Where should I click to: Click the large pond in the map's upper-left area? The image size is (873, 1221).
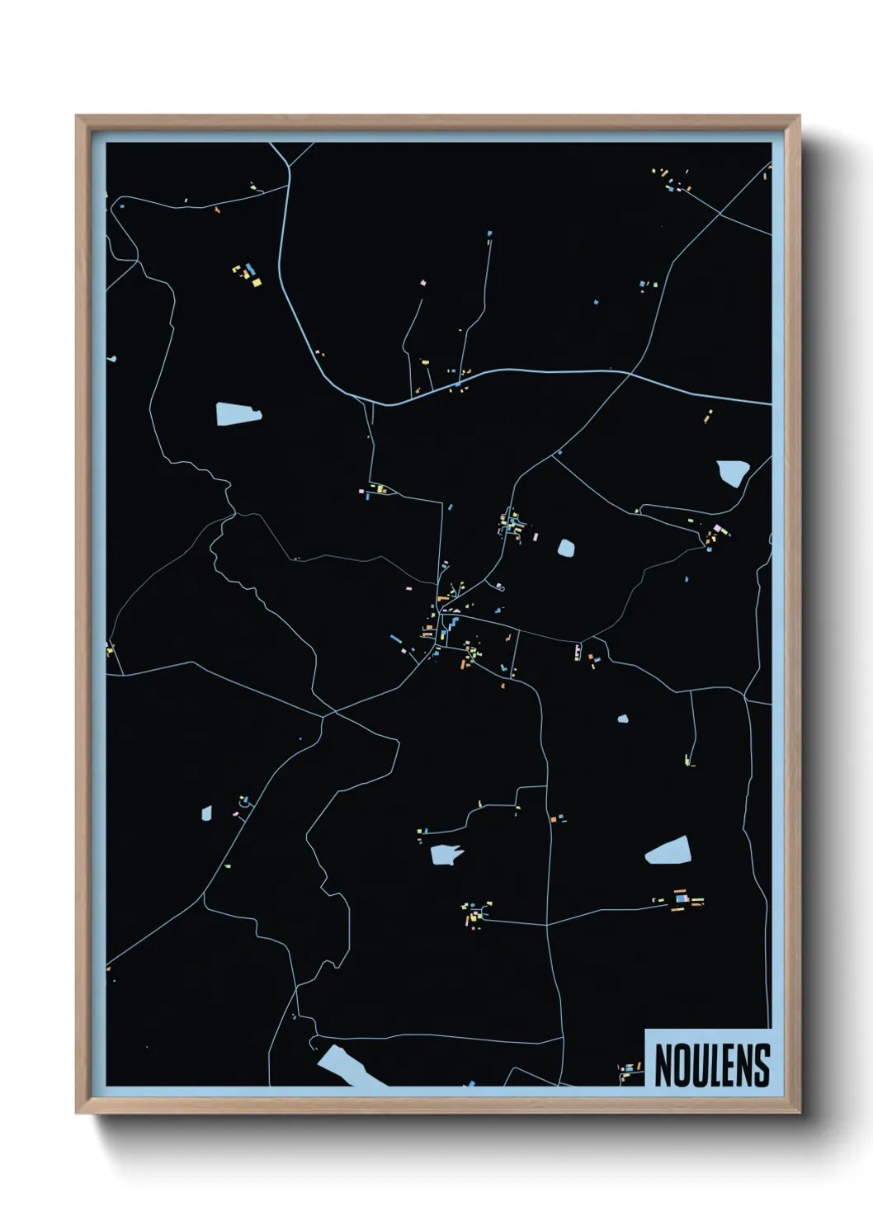(x=238, y=413)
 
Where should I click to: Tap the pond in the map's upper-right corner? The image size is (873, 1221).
(x=732, y=472)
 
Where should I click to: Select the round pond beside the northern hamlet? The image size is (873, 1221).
(x=566, y=547)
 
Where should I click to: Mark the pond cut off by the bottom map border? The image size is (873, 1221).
(x=345, y=1066)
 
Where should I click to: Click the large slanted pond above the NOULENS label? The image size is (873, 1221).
(x=668, y=850)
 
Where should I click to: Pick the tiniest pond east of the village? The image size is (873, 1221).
(x=623, y=719)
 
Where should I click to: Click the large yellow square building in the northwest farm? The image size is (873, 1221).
(x=256, y=282)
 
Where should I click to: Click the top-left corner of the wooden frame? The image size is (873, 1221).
(x=77, y=116)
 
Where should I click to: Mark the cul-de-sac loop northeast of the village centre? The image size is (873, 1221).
(x=499, y=587)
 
